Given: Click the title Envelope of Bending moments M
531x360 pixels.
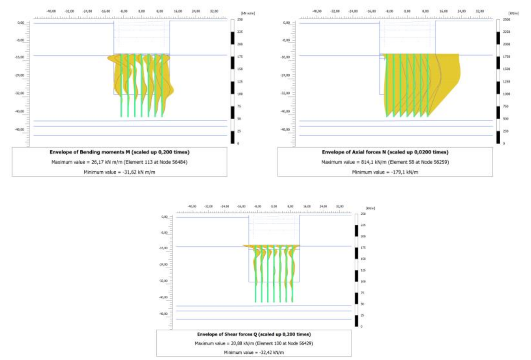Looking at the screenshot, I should pyautogui.click(x=119, y=152).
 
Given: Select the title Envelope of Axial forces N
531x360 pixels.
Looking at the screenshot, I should pyautogui.click(x=385, y=152).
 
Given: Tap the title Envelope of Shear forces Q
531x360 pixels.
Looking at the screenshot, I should pyautogui.click(x=254, y=334).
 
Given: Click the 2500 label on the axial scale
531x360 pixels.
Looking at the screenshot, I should pyautogui.click(x=506, y=19).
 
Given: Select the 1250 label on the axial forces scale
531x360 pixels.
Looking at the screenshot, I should pyautogui.click(x=506, y=82).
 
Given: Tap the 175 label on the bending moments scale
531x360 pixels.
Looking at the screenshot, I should pyautogui.click(x=240, y=57).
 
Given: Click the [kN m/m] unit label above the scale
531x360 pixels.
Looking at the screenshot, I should pyautogui.click(x=248, y=13).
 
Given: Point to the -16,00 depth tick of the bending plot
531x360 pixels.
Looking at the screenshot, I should pyautogui.click(x=20, y=57).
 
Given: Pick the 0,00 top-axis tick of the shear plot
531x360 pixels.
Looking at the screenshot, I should pyautogui.click(x=274, y=206).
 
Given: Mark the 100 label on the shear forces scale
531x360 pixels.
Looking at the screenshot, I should pyautogui.click(x=363, y=282).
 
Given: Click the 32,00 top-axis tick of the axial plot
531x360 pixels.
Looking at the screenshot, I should pyautogui.click(x=479, y=11).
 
